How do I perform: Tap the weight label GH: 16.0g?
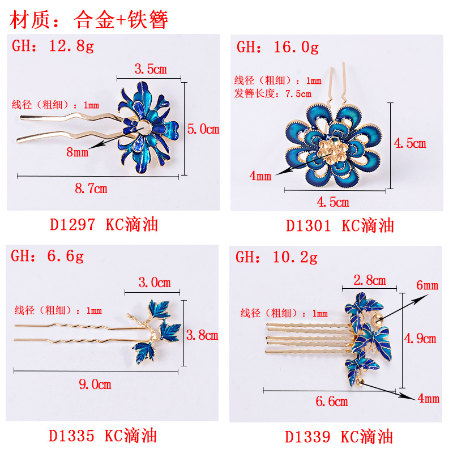point(277,46)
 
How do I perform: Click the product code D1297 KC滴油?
point(104,225)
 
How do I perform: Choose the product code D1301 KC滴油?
point(339,225)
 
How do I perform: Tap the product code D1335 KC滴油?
point(102,435)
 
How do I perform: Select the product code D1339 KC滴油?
point(339,437)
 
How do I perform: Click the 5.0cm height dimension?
point(203,129)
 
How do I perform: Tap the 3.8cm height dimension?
point(202,335)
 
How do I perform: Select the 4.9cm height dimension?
point(420,339)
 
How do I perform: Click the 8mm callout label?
point(77,152)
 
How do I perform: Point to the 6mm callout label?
point(428,285)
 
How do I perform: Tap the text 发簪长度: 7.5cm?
point(273,93)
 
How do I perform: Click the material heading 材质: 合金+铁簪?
point(89,20)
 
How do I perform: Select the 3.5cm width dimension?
point(150,69)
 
